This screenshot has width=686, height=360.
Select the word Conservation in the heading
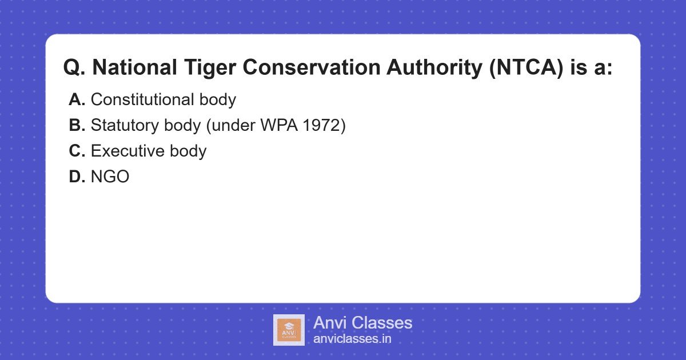(x=313, y=68)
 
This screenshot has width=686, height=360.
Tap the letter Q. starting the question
(x=74, y=68)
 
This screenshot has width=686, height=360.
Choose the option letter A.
(x=77, y=100)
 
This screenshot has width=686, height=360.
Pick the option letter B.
(x=77, y=126)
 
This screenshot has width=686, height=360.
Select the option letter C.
(x=77, y=151)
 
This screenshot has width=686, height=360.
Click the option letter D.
(x=77, y=177)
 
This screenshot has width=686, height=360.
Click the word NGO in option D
(x=110, y=177)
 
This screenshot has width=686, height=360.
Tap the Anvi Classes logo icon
(x=289, y=330)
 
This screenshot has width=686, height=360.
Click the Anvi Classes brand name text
(x=362, y=323)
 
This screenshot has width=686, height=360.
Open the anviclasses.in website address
(x=352, y=339)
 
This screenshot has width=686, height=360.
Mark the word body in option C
(x=188, y=151)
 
